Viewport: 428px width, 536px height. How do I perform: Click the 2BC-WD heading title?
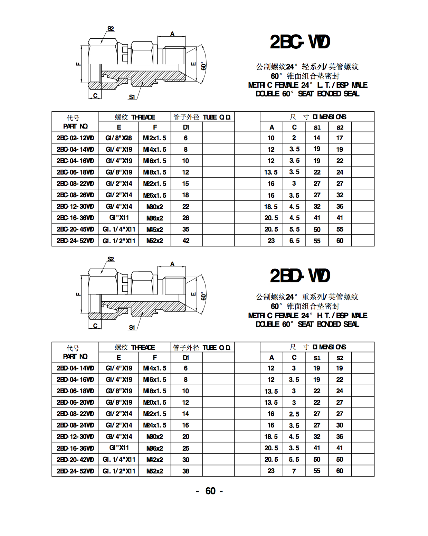point(299,42)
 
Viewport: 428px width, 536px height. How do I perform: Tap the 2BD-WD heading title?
point(299,276)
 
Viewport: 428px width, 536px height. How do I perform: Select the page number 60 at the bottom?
point(210,491)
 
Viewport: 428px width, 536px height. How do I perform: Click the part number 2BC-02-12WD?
point(75,138)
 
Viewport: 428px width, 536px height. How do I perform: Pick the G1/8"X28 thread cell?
point(118,138)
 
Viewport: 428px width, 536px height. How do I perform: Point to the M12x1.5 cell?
point(154,138)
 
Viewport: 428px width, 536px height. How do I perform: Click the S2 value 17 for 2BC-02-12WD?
point(340,138)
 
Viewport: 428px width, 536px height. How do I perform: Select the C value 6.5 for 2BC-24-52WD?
point(294,241)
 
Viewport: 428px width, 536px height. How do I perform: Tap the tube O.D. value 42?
point(186,241)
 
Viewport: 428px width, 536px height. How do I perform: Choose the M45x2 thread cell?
point(154,229)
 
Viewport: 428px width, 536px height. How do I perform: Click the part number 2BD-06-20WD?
point(75,402)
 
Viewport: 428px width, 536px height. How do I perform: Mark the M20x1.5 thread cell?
point(154,402)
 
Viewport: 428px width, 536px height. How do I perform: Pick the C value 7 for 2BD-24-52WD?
point(294,471)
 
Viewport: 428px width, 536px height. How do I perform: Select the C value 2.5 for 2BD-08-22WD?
point(294,414)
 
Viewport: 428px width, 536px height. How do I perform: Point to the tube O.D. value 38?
point(186,471)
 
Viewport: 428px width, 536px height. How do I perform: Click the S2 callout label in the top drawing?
point(111,28)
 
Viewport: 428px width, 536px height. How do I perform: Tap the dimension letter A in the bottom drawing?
point(172,264)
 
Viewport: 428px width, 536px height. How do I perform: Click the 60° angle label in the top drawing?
point(203,66)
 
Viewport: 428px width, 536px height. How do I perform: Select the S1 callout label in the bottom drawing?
point(132,327)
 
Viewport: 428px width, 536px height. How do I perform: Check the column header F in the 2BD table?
point(155,357)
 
